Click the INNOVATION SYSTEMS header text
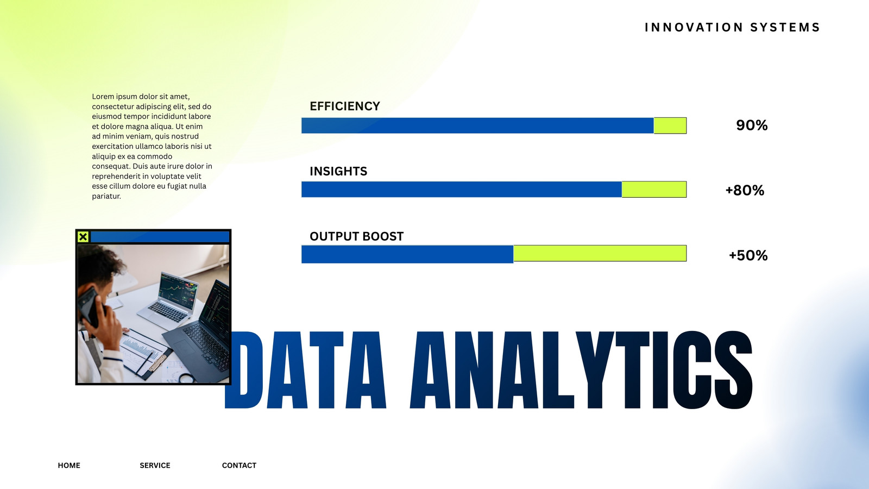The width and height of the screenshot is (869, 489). coord(733,28)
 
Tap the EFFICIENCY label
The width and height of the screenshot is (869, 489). coord(344,106)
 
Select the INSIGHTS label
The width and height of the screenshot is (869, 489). coord(338,172)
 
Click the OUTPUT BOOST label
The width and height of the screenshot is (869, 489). coord(356,236)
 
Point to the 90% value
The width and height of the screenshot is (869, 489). coord(752,126)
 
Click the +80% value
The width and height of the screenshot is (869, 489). coord(745,190)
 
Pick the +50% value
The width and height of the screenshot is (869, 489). coord(748,255)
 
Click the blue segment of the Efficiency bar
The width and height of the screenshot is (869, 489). coord(477,126)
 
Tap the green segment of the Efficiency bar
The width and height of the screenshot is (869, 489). coord(670,126)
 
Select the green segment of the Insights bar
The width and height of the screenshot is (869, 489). coord(654,190)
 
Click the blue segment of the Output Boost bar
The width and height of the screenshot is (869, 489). coord(407,254)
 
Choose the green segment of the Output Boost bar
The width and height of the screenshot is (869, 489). coord(600,253)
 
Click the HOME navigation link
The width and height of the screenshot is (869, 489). coord(69,465)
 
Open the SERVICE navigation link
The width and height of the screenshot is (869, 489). coord(155,465)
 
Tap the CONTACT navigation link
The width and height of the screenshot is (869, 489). coord(239,465)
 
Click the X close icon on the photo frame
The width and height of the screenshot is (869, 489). coord(83,237)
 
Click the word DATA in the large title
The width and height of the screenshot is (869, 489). coord(305,370)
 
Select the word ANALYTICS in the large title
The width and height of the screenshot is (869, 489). coord(581,370)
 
